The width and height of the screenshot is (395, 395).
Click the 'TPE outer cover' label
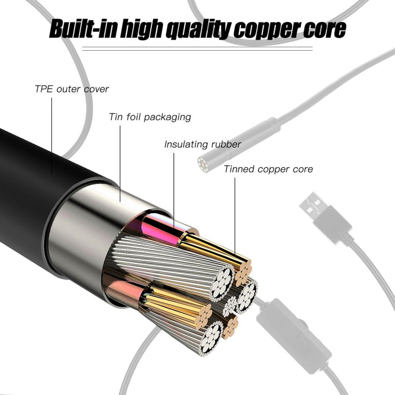pyautogui.click(x=72, y=89)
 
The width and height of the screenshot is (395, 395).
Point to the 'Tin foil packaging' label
pyautogui.click(x=150, y=117)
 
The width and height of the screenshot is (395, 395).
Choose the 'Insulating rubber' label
pyautogui.click(x=203, y=144)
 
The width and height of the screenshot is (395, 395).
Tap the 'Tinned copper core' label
pyautogui.click(x=268, y=169)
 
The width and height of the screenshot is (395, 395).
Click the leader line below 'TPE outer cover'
pyautogui.click(x=52, y=135)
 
